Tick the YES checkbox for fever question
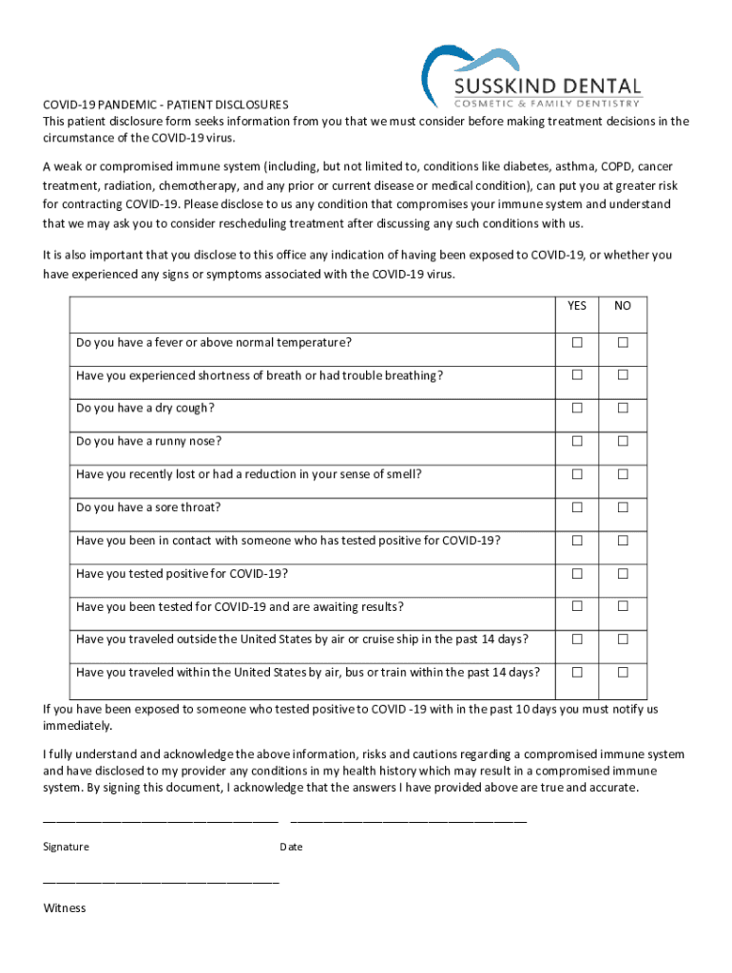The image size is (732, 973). coord(577,342)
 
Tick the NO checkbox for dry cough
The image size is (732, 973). coord(623,409)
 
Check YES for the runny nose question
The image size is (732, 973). coord(577,441)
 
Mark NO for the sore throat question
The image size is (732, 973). coord(623,507)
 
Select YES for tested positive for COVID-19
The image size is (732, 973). coord(577,574)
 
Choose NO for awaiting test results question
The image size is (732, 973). coord(623,607)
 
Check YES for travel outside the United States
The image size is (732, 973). coord(577,639)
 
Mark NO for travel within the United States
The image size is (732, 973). coord(623,673)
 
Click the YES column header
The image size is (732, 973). coord(577,306)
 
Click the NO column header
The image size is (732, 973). coord(623,306)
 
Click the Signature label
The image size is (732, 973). coord(66,847)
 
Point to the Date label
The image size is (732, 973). coord(291,847)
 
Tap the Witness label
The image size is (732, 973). coord(64,908)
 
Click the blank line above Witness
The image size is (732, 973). coord(161,883)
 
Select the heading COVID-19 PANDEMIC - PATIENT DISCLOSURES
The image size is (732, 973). coord(165,105)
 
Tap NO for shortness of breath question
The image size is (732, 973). coord(623,375)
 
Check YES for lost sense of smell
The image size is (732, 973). coord(577,474)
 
